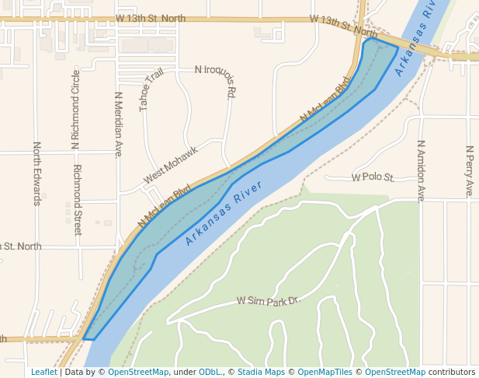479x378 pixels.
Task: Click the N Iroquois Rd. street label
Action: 215,81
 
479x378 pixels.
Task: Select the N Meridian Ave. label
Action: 119,124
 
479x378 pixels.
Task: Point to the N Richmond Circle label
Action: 75,109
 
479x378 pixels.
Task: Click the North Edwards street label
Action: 36,173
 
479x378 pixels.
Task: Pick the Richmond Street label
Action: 77,200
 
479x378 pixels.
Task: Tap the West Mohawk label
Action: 170,165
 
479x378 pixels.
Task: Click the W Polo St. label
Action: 373,177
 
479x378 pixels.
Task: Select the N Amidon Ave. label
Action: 421,171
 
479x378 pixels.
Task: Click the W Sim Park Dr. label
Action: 268,300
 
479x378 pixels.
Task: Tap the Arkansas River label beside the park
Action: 224,213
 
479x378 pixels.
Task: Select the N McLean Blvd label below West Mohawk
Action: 165,206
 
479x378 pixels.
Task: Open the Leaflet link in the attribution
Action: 43,372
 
